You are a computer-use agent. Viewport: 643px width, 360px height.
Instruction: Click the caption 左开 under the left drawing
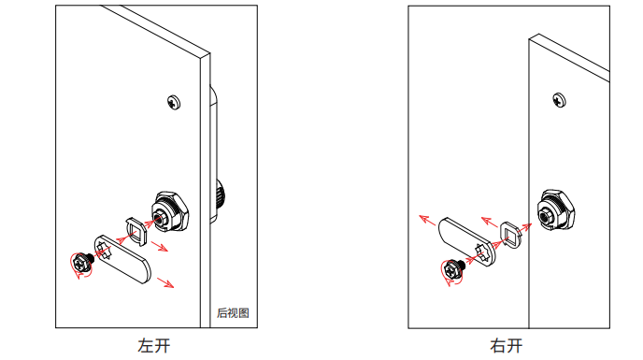[154, 346]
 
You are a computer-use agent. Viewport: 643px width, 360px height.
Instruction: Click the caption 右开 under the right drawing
[507, 346]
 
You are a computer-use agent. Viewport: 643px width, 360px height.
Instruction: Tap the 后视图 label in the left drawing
[233, 313]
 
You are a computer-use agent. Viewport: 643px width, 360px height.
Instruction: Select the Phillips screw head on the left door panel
[174, 102]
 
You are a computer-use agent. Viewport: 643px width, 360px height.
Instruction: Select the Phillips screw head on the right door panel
[559, 100]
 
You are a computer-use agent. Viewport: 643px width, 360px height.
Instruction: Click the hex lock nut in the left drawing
[170, 212]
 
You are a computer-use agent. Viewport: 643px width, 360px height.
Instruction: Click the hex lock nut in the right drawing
[556, 210]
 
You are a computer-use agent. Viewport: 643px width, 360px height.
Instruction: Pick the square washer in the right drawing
[511, 235]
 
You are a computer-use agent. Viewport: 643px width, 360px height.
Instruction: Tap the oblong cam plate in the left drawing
[122, 259]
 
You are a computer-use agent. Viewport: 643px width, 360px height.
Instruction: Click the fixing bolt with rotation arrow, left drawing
[82, 263]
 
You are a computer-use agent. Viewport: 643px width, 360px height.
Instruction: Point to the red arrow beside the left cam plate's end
[165, 282]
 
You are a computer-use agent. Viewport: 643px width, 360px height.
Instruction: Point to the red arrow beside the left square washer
[160, 246]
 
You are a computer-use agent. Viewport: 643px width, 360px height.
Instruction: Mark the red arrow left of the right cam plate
[427, 220]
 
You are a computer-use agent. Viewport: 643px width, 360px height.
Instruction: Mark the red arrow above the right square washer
[490, 222]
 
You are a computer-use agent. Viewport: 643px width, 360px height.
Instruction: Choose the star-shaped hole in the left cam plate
[104, 251]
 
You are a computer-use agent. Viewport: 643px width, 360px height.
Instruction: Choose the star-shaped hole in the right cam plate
[482, 252]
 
